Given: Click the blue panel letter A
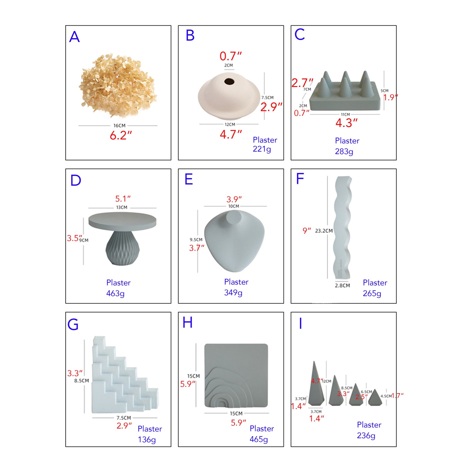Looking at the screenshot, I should (x=74, y=37).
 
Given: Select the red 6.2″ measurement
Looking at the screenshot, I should (x=121, y=136).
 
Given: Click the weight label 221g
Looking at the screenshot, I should (x=262, y=149).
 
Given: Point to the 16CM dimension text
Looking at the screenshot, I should (x=119, y=126).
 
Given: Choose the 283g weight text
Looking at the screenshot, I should (x=344, y=151).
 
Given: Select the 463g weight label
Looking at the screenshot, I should (x=115, y=293).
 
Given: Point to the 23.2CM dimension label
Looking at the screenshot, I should (x=324, y=231).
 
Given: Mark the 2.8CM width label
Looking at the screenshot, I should (x=342, y=286).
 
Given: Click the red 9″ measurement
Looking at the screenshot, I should (x=306, y=231).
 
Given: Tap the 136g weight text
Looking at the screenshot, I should (x=147, y=440).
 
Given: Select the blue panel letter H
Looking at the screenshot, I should (x=188, y=323).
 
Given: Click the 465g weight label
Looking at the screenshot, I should (x=258, y=439).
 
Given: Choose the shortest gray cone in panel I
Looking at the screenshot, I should (x=375, y=399).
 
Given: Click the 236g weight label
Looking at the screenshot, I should (x=366, y=436).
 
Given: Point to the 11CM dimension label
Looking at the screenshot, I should (x=345, y=114).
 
